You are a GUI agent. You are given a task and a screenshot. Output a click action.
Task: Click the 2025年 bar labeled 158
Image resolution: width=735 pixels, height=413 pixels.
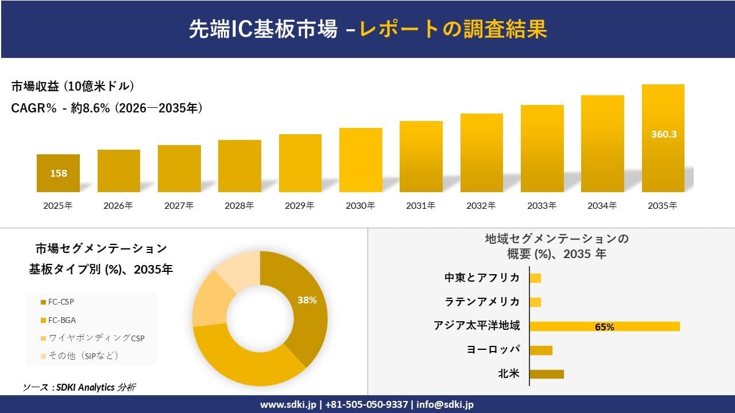tap(58, 173)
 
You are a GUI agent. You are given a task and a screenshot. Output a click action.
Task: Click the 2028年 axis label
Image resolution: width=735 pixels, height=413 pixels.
tap(239, 205)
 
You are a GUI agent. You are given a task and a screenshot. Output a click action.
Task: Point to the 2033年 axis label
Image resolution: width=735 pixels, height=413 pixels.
tap(541, 205)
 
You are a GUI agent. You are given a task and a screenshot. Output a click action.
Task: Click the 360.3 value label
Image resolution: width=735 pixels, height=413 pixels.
tap(663, 134)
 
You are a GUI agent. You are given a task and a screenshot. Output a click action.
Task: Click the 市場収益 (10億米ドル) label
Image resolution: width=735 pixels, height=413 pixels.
tap(72, 87)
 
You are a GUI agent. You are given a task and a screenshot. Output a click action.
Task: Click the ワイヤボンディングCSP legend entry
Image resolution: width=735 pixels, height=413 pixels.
tap(92, 338)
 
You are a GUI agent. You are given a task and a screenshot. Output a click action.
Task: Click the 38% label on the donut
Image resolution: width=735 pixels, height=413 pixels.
tap(307, 300)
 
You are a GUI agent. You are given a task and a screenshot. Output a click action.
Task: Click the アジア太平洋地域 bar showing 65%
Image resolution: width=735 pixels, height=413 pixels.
tap(604, 326)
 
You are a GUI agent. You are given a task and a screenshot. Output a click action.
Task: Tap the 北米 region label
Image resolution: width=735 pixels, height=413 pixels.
tap(509, 374)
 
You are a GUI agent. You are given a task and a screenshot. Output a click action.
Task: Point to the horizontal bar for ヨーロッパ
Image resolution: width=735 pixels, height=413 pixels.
tap(540, 350)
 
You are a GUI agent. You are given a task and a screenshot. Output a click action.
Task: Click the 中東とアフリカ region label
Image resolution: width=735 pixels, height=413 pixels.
tap(482, 278)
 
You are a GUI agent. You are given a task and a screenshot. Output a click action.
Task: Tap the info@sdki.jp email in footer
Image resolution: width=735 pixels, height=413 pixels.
tap(445, 404)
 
